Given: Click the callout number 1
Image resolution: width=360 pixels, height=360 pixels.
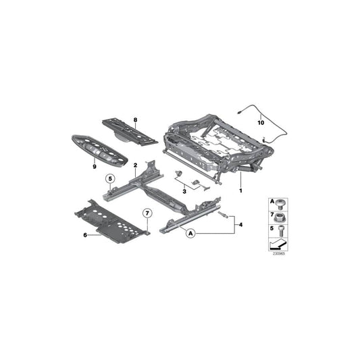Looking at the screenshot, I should click(239, 191).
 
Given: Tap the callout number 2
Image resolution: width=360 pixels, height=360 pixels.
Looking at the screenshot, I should click(135, 165).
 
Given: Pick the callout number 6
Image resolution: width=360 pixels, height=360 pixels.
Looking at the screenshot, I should click(86, 235).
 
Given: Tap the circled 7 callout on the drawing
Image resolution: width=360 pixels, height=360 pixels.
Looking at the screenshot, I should click(147, 214).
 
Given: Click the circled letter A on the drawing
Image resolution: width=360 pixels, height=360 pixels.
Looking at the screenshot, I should click(191, 234).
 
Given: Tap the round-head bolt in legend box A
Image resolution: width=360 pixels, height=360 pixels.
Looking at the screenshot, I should click(280, 203).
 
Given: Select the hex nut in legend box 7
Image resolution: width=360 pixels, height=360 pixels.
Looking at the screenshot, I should click(280, 217).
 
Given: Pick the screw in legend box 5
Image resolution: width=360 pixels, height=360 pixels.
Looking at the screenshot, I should click(280, 232).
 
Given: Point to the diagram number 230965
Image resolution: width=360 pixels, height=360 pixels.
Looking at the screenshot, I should click(279, 255).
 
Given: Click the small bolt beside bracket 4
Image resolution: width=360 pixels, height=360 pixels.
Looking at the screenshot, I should click(222, 214).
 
